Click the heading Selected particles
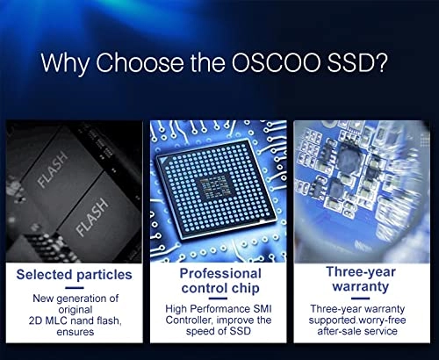[75, 274]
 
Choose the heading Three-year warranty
[363, 281]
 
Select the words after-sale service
[363, 334]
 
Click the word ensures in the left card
[75, 334]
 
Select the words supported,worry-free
[363, 321]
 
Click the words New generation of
[75, 298]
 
